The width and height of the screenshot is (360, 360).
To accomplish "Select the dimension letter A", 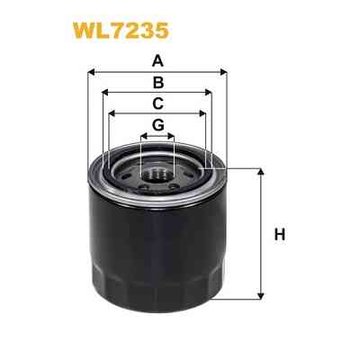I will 157,62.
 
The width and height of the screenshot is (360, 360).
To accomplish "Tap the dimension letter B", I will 157,83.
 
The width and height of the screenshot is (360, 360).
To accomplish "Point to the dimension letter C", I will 157,103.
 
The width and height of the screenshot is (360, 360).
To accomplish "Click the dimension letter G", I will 157,125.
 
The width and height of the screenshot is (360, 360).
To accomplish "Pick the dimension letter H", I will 280,236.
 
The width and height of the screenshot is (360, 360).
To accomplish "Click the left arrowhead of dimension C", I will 111,113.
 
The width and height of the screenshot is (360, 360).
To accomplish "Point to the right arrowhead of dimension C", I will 204,113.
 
